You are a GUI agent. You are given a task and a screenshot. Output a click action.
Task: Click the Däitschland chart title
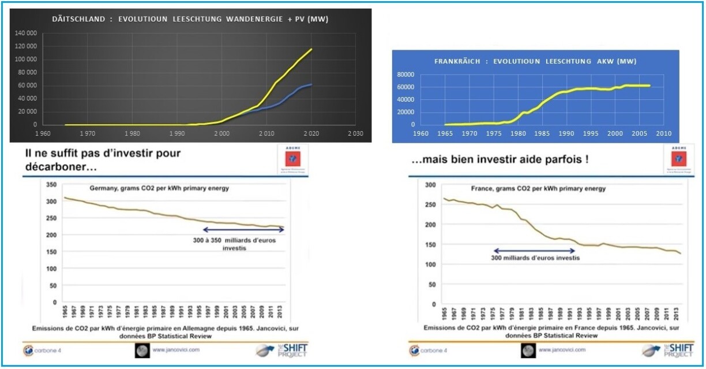(190, 19)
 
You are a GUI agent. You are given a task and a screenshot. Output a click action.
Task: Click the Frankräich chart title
(535, 61)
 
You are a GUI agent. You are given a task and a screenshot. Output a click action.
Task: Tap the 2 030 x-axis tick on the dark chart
(356, 133)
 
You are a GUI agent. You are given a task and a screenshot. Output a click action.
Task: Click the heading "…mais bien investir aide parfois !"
(500, 159)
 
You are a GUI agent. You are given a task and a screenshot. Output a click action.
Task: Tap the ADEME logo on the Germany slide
(292, 158)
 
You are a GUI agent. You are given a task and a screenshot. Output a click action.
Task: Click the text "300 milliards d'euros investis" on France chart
(534, 258)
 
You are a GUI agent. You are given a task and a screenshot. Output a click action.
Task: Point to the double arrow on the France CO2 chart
(534, 251)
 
